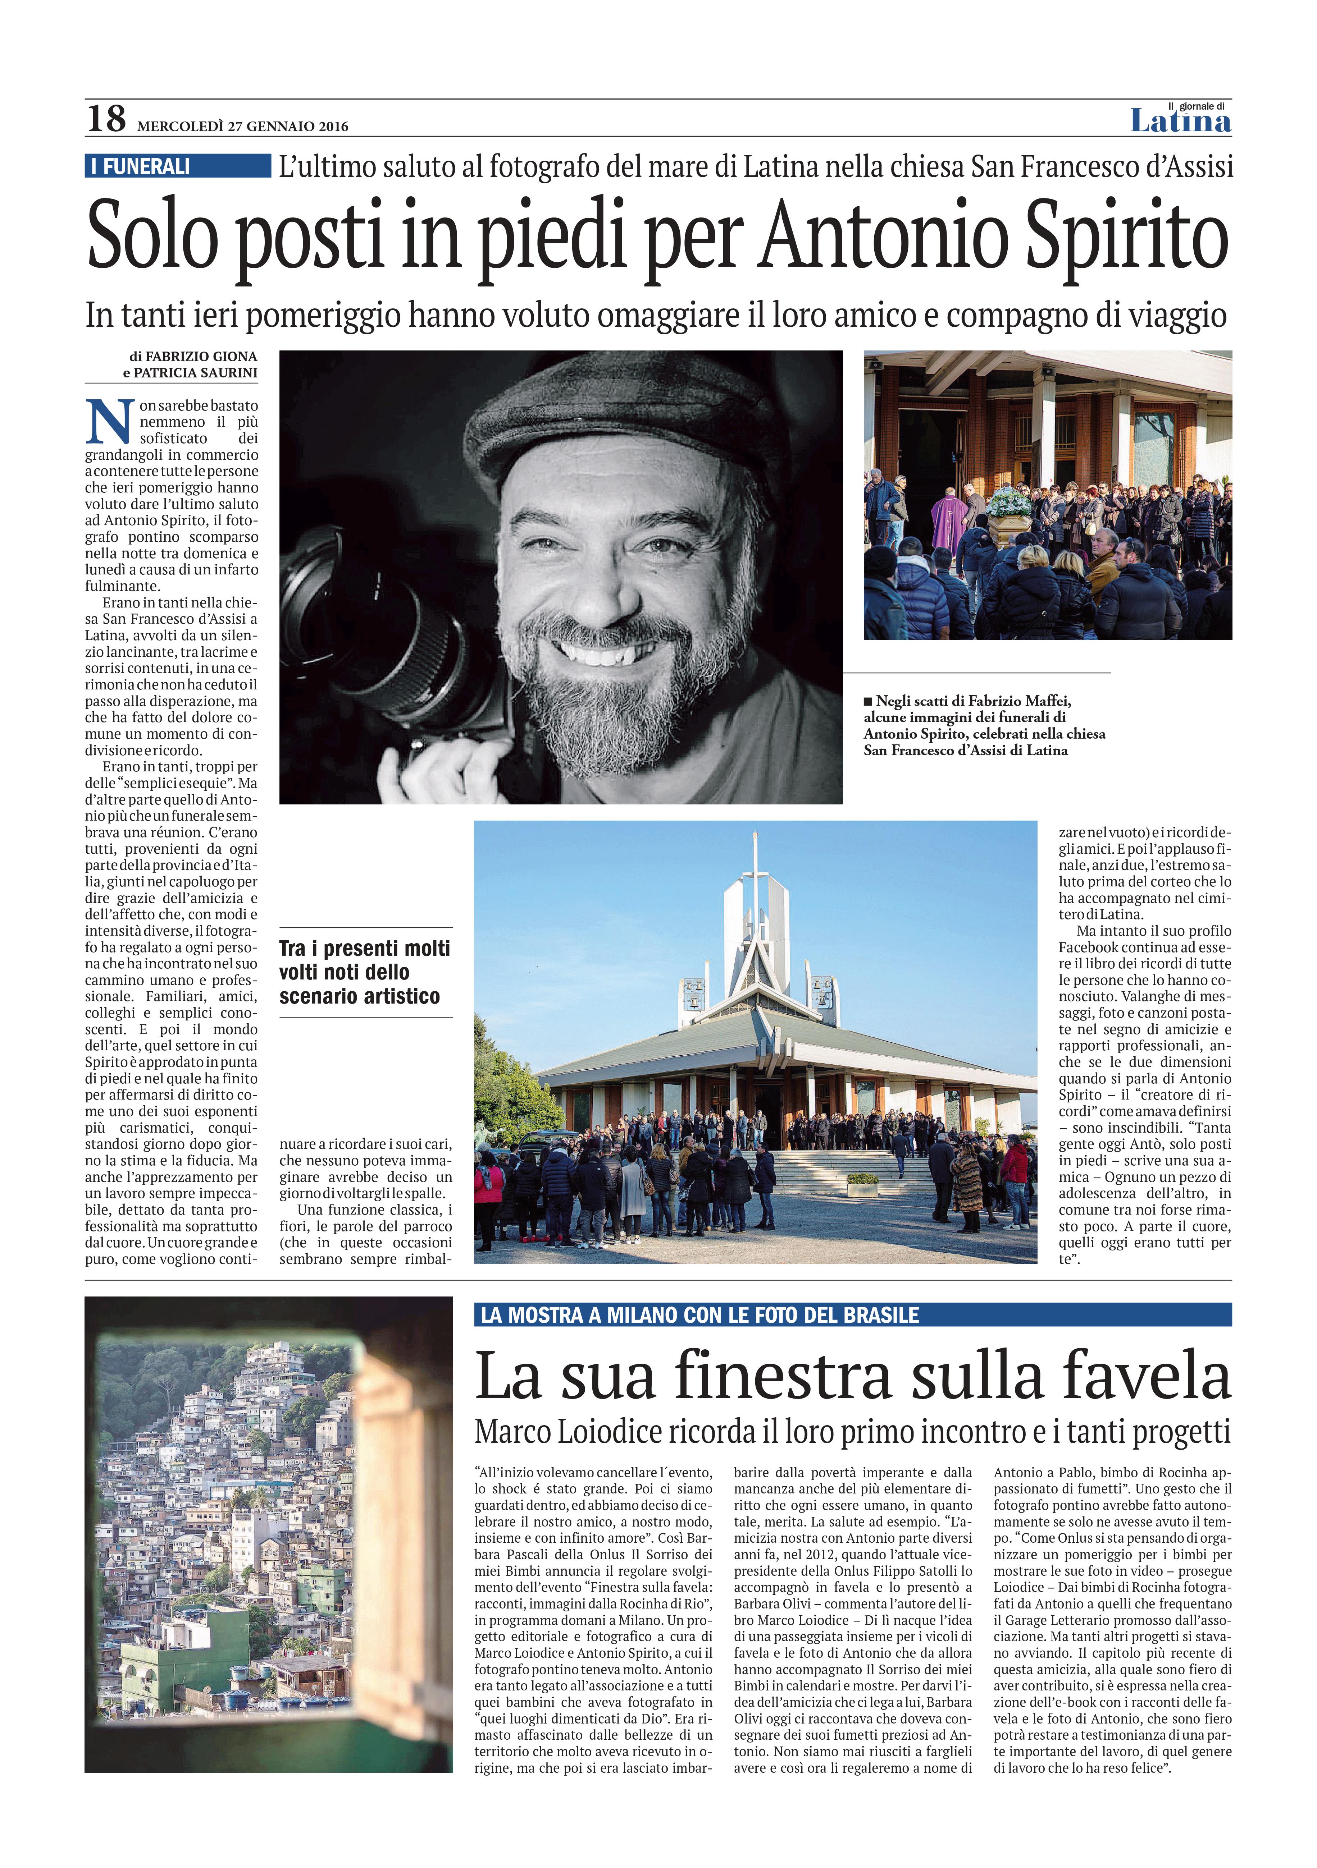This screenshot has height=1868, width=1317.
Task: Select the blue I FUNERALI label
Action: (177, 166)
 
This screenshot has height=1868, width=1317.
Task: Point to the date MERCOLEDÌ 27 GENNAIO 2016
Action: (242, 126)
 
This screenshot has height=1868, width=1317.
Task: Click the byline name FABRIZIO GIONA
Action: (201, 356)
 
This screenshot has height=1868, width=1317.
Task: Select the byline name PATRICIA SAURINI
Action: (195, 373)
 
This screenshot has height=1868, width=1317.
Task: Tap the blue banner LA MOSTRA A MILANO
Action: (700, 1315)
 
